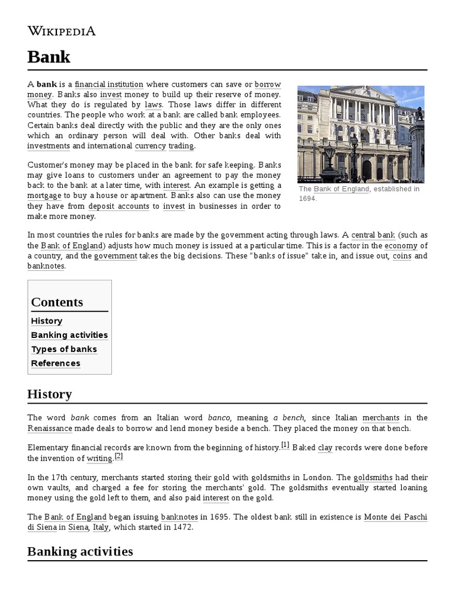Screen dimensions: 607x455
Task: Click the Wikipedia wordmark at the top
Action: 62,31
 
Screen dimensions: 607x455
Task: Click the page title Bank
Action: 49,57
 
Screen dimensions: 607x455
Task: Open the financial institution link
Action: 109,84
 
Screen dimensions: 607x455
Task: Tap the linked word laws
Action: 153,105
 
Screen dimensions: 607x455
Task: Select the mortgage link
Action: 44,195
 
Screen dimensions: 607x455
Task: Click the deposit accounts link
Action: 118,206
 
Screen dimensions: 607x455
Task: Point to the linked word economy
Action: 401,245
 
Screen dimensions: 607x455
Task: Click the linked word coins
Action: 402,256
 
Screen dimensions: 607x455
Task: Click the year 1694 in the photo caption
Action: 307,199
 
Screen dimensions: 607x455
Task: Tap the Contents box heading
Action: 57,302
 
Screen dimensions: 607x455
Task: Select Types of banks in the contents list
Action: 64,349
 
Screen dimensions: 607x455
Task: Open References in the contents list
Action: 56,363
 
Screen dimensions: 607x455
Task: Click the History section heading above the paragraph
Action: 49,394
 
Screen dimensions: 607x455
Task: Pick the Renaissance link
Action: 50,428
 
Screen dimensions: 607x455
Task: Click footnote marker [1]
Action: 285,445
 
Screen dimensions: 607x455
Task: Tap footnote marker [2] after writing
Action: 118,456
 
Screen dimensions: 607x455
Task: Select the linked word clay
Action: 325,448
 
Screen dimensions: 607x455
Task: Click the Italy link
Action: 101,527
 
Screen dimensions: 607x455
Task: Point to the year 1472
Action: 181,527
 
